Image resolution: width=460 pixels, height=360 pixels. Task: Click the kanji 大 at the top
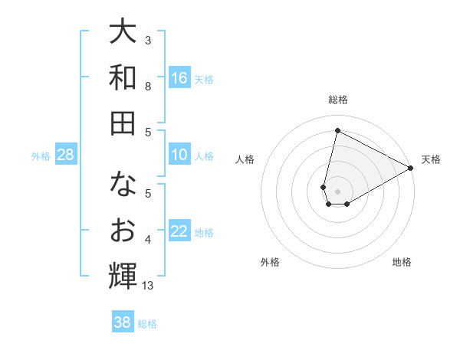123,33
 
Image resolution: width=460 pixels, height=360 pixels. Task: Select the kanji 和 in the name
123,77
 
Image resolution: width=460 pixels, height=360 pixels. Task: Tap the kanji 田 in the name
123,123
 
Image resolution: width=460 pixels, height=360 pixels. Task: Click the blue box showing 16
179,77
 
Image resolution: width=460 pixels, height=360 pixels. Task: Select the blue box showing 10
179,155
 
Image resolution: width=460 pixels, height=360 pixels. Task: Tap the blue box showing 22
179,232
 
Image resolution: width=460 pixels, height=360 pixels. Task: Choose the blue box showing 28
66,155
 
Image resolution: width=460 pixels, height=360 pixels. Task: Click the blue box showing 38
123,322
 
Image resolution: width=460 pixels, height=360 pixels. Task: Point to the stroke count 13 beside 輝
148,286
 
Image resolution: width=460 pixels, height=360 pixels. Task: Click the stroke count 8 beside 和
148,87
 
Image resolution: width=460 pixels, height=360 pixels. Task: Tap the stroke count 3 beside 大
148,40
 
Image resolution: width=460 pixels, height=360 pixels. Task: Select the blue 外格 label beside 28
41,156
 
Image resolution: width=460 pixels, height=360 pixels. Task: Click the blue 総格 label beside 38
147,324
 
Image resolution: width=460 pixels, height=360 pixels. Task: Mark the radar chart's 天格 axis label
431,159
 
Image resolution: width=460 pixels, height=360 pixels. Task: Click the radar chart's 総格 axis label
338,100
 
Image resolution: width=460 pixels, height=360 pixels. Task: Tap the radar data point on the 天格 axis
412,169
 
